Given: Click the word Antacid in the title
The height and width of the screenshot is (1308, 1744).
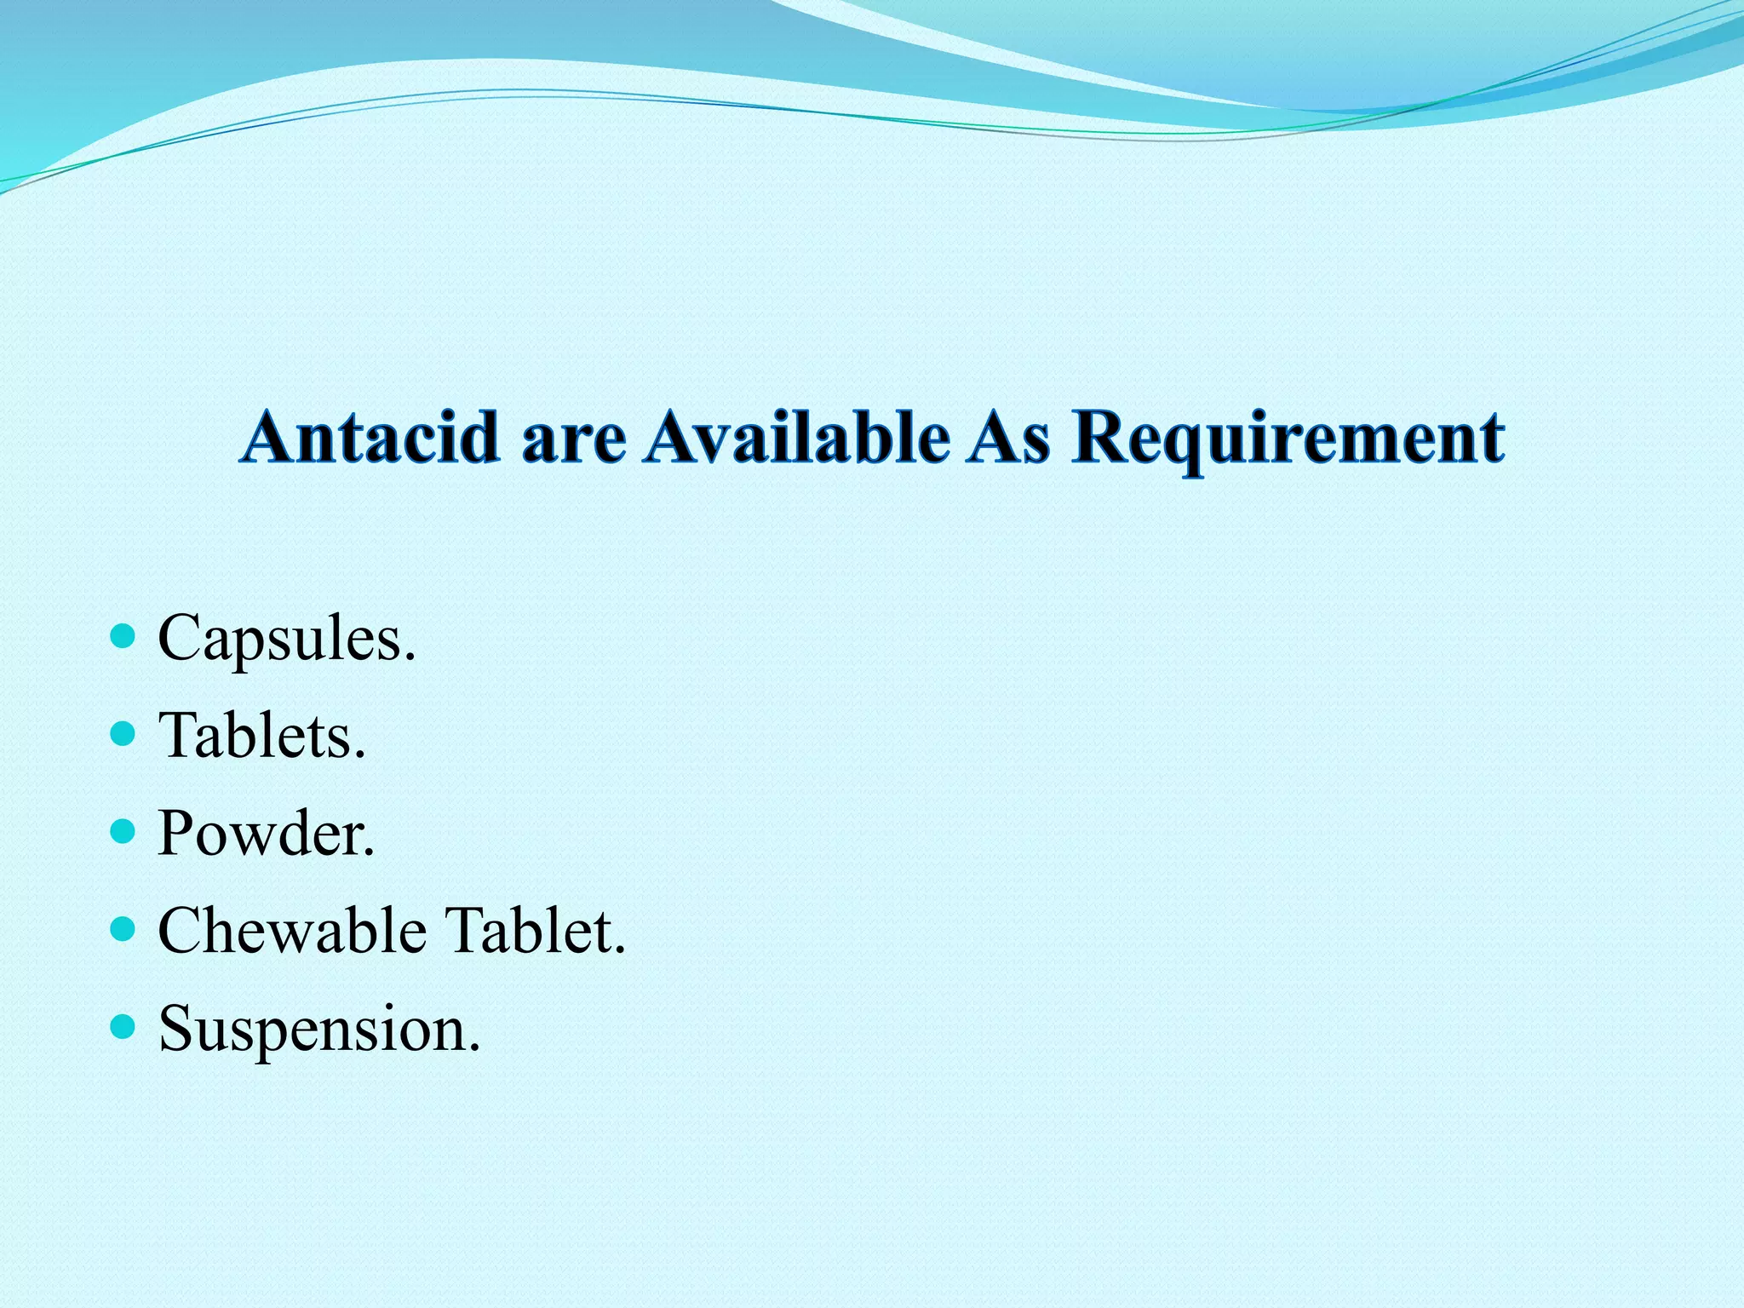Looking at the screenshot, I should point(370,438).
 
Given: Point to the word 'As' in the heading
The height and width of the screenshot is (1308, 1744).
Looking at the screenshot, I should point(1007,438).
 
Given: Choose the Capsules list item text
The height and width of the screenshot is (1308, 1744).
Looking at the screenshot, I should point(287,639).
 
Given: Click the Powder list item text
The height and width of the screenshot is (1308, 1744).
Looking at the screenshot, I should point(266,833).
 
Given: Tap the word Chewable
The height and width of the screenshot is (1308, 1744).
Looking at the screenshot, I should point(292,930).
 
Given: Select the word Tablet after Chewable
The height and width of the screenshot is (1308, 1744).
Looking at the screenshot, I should point(536,930).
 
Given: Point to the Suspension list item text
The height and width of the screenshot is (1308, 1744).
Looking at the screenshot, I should point(319,1029).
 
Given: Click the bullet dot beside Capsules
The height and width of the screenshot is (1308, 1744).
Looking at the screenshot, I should point(123,635).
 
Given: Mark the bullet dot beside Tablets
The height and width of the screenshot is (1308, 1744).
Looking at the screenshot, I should point(123,732).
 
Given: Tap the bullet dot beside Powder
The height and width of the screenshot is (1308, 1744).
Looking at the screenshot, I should point(123,830).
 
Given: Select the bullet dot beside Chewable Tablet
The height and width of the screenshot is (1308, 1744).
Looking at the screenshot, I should point(123,928).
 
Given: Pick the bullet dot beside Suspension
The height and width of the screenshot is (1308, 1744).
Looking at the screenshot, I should point(123,1026).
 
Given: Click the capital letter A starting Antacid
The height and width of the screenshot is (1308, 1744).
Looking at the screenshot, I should point(270,438).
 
